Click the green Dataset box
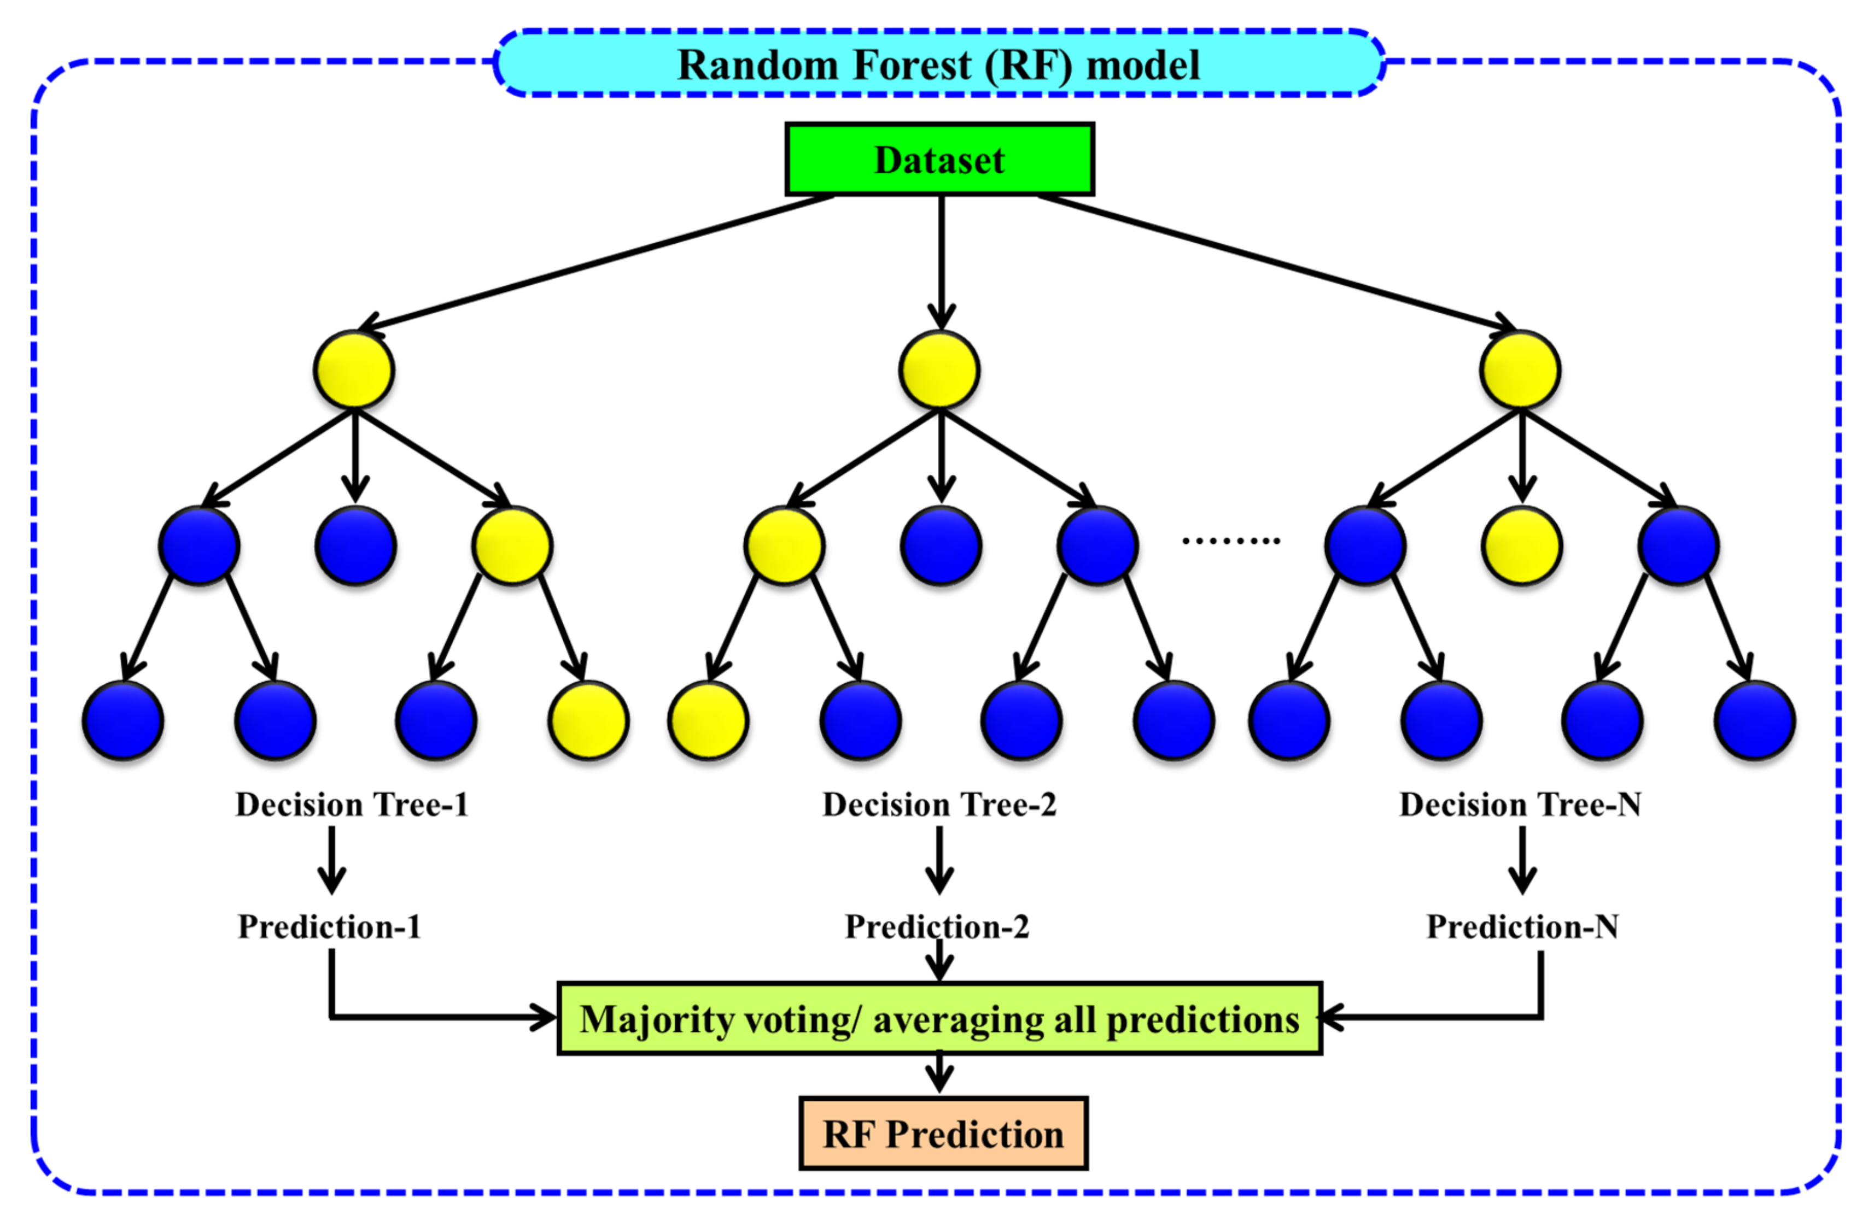[939, 159]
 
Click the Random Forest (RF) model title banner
[938, 64]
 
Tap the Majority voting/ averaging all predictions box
[939, 1019]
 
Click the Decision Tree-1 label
[352, 805]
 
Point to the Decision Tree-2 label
[939, 805]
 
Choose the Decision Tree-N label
[1520, 805]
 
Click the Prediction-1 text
[329, 926]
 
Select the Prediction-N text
[1522, 926]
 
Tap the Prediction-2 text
[937, 926]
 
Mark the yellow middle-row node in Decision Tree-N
[1521, 545]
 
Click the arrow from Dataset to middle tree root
[941, 260]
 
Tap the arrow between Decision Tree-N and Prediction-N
[1522, 860]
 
